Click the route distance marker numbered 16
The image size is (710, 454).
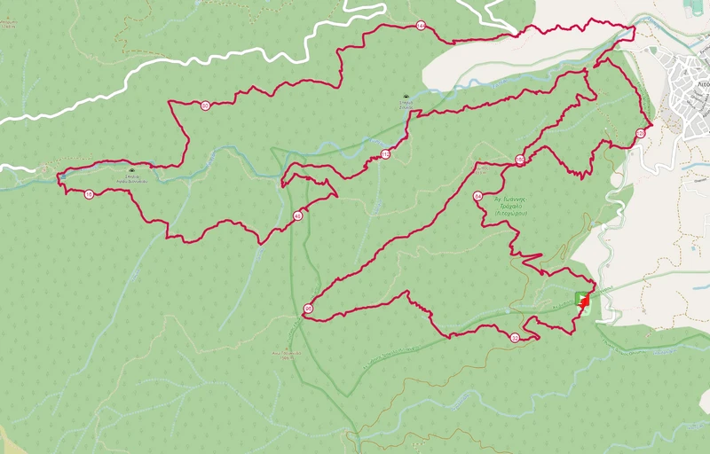coord(89,194)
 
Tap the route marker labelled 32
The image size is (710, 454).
coord(515,337)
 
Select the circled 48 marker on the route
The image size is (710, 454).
coord(297,215)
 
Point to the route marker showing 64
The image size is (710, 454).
coord(477,196)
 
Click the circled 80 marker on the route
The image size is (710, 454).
coord(519,160)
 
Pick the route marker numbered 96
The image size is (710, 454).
coord(308,309)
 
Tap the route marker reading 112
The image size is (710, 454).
coord(385,154)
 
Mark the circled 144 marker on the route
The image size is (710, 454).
coord(420,26)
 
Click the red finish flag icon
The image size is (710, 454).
coord(585,302)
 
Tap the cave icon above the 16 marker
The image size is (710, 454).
coord(131,170)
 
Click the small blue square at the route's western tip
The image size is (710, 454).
coord(61,177)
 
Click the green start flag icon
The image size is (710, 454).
coord(580,296)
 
